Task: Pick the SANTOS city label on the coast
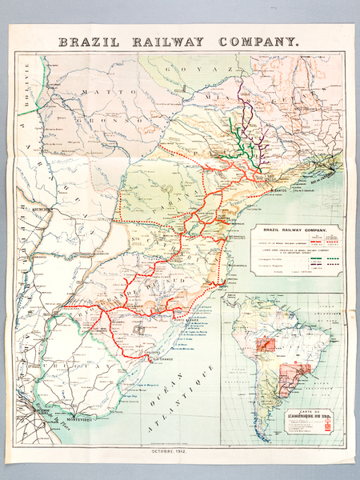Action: (279, 190)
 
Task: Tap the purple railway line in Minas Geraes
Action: (250, 120)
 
